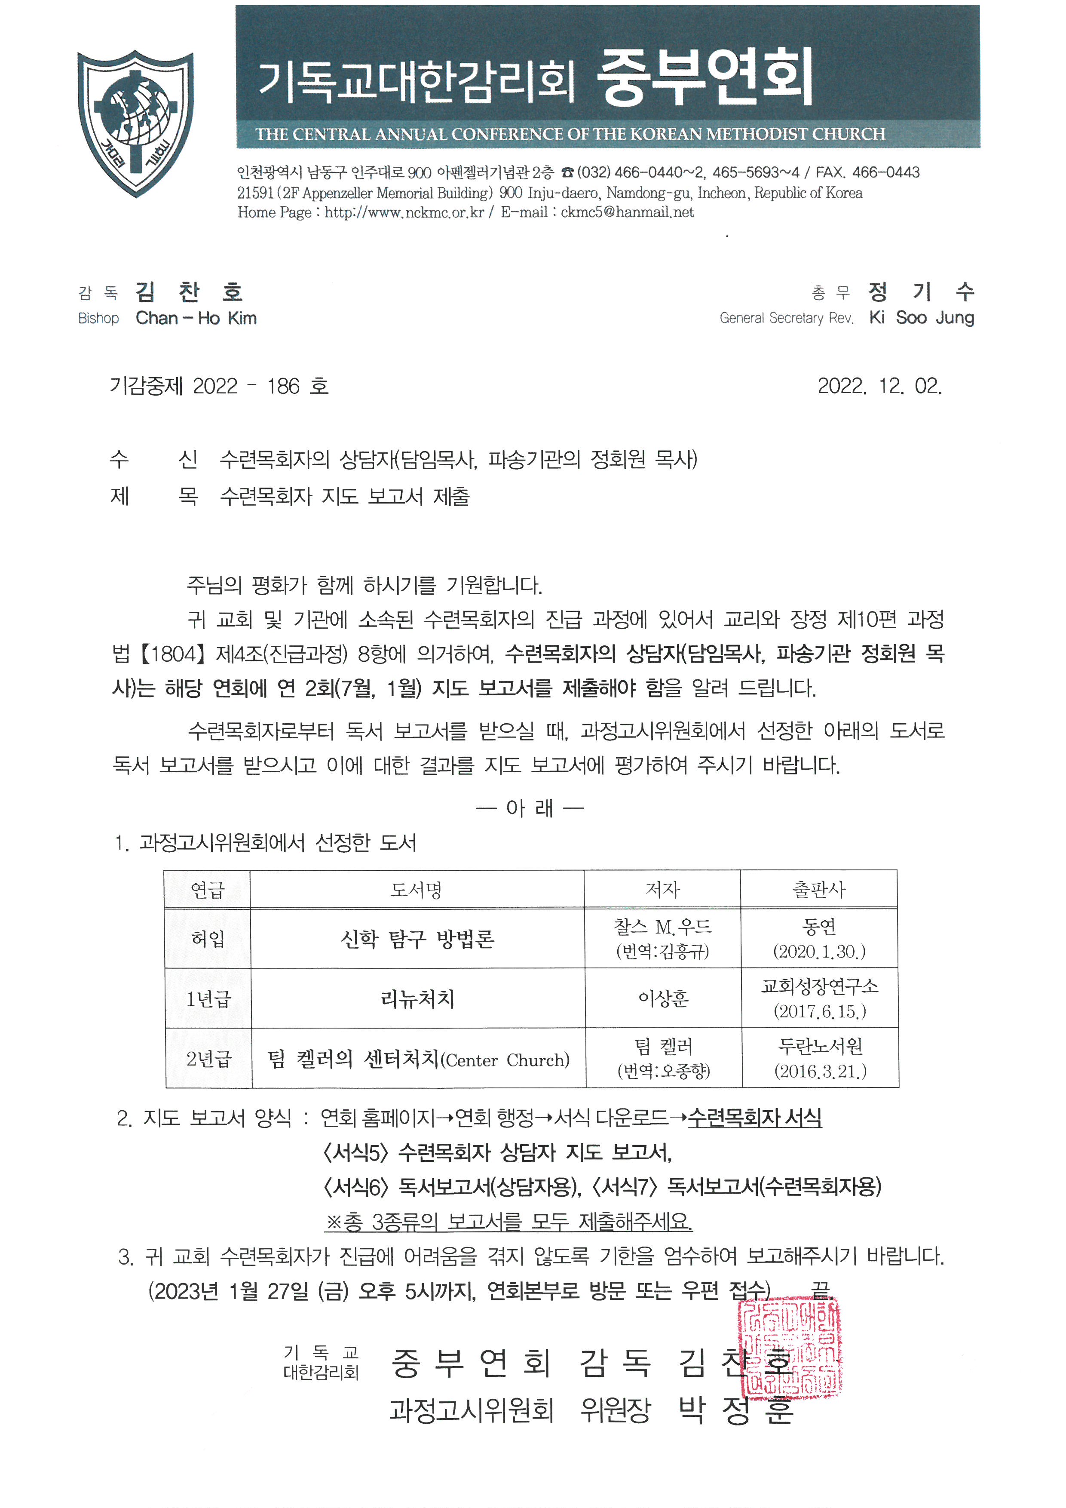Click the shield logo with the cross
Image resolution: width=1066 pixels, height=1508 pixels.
(x=135, y=123)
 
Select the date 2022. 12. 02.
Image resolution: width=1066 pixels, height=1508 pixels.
(x=879, y=386)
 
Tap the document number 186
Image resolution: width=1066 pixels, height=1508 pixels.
(x=283, y=386)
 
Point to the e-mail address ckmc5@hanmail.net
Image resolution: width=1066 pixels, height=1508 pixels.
(x=627, y=212)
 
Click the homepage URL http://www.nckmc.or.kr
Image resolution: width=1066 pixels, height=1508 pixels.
(x=404, y=212)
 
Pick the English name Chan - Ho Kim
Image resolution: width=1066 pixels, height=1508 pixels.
(x=196, y=319)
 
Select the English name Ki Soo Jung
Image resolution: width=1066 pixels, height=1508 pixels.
(x=921, y=318)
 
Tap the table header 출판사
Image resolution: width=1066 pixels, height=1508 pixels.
(x=818, y=890)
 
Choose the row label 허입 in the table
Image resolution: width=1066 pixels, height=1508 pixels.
(x=208, y=939)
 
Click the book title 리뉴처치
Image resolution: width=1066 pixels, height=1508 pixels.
(x=417, y=999)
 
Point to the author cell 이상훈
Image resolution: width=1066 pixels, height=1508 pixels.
(x=663, y=999)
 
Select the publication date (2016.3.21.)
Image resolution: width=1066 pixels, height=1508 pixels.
(x=820, y=1071)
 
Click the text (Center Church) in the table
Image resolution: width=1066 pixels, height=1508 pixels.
(x=505, y=1060)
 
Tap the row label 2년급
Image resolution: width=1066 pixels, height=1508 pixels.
(x=209, y=1059)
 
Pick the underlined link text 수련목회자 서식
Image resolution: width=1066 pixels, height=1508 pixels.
(x=754, y=1118)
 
